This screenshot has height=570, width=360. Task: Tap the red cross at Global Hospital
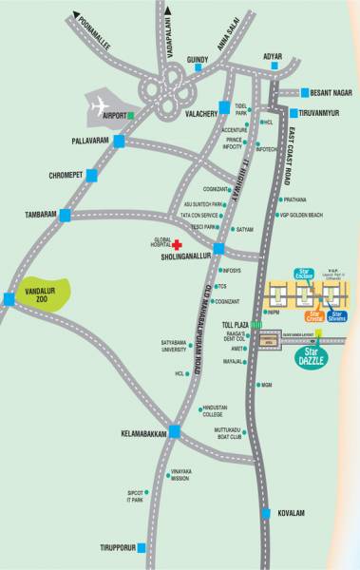click(176, 244)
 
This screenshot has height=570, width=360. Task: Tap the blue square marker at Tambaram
click(64, 216)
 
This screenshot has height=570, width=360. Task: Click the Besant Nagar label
click(334, 93)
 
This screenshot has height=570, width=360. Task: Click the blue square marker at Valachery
click(223, 106)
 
